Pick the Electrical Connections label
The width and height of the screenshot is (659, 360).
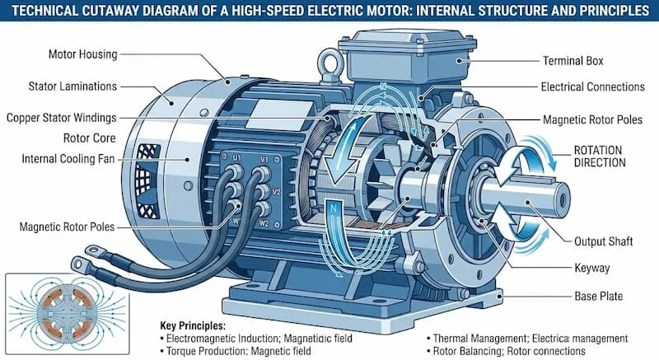pyautogui.click(x=592, y=86)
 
